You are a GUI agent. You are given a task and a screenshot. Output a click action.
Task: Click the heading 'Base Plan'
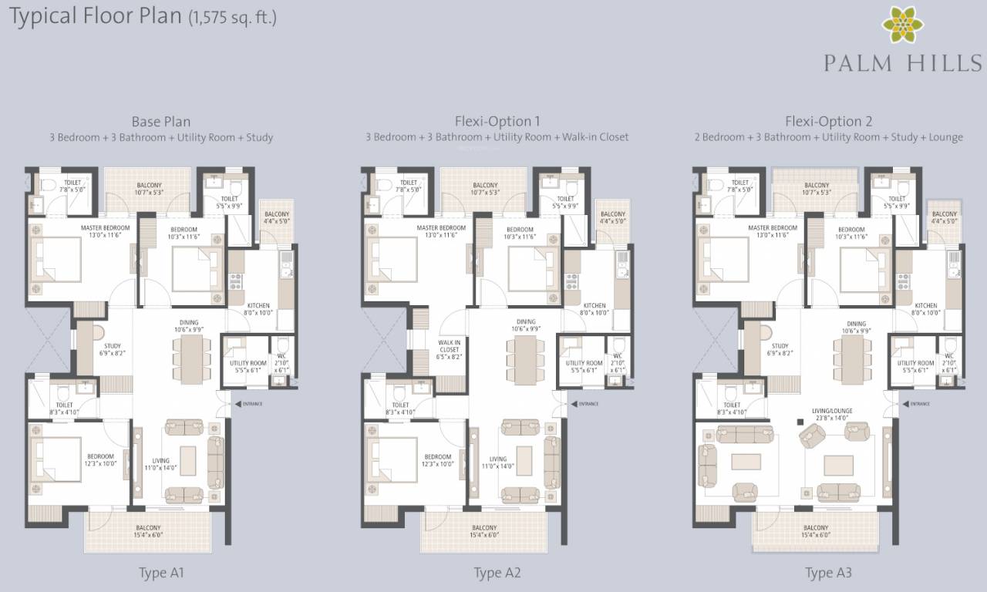point(160,121)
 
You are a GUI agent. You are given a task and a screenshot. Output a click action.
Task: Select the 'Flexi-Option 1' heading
point(497,121)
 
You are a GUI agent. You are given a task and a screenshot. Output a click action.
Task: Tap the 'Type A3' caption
point(828,573)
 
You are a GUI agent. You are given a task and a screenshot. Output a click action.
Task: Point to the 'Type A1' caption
point(161,573)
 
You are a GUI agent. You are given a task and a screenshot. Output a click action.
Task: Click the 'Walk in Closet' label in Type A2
point(449,349)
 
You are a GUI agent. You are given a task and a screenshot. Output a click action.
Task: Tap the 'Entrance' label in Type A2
point(588,403)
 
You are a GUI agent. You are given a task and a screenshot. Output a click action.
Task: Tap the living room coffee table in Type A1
point(187,460)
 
